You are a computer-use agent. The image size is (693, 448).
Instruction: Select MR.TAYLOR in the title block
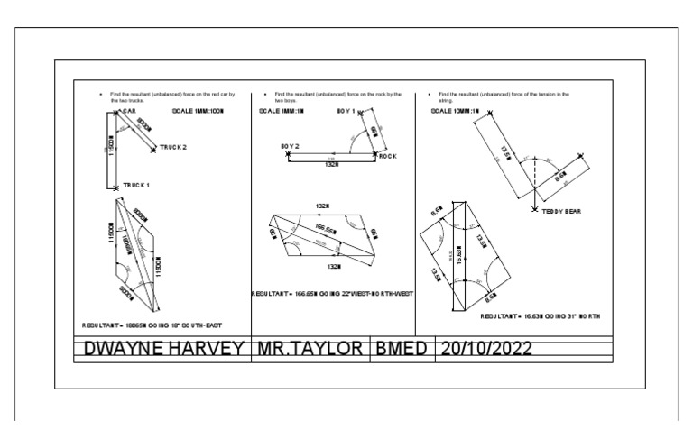310,349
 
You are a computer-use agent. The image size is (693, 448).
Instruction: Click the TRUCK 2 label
173,147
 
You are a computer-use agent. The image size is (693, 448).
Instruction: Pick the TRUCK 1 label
136,185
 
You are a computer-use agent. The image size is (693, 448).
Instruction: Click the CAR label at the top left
128,112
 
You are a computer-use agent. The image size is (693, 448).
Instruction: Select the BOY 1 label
348,112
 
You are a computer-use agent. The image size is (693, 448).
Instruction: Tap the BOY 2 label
290,145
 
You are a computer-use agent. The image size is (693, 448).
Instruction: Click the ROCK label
388,156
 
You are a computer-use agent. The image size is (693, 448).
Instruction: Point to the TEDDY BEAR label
560,212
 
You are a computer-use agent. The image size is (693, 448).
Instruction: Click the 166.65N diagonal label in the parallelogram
327,231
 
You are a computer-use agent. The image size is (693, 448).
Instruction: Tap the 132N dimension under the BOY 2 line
331,164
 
